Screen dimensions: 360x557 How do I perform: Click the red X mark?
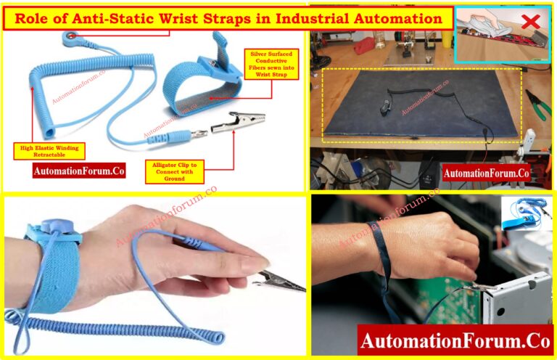[x=531, y=21]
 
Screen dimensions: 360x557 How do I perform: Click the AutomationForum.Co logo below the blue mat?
[x=486, y=173]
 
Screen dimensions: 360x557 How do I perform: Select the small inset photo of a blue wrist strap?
[x=527, y=215]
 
